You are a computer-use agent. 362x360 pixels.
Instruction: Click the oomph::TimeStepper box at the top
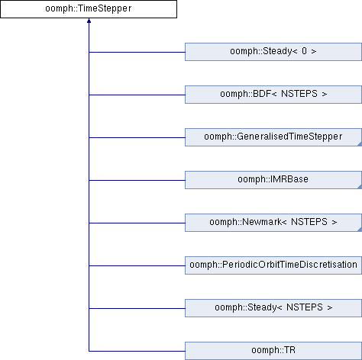tap(89, 9)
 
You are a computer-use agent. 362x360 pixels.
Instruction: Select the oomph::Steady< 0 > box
tap(273, 52)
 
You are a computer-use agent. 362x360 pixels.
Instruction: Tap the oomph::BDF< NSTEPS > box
tap(273, 95)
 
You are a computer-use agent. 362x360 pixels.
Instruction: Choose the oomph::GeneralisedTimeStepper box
tap(273, 137)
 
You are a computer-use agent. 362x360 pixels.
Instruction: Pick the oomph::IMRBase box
tap(273, 180)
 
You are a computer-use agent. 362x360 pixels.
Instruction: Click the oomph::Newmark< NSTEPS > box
tap(273, 223)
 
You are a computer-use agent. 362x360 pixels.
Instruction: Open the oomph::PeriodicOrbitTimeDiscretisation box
tap(273, 265)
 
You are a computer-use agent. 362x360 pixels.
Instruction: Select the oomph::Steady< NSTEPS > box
tap(273, 308)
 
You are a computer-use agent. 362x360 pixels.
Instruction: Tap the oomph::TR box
tap(273, 351)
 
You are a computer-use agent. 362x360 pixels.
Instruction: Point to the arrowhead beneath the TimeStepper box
tap(89, 21)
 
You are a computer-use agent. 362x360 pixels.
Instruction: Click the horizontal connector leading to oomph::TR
tap(137, 351)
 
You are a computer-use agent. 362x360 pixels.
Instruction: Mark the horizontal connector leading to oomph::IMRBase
tap(137, 180)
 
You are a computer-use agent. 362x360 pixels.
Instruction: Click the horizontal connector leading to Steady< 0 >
tap(137, 52)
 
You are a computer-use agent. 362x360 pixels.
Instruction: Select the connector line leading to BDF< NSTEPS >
tap(137, 95)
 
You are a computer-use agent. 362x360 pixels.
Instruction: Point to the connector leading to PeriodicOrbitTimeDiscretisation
tap(137, 265)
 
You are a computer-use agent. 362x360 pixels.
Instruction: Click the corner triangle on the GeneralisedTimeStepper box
tap(360, 144)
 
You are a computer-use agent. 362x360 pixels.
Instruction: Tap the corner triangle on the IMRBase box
tap(360, 187)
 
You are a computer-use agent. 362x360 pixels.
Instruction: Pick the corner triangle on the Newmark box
tap(360, 230)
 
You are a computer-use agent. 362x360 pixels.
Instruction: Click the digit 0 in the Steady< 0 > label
tap(304, 51)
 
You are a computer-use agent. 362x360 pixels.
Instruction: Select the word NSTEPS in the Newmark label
tap(309, 222)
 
